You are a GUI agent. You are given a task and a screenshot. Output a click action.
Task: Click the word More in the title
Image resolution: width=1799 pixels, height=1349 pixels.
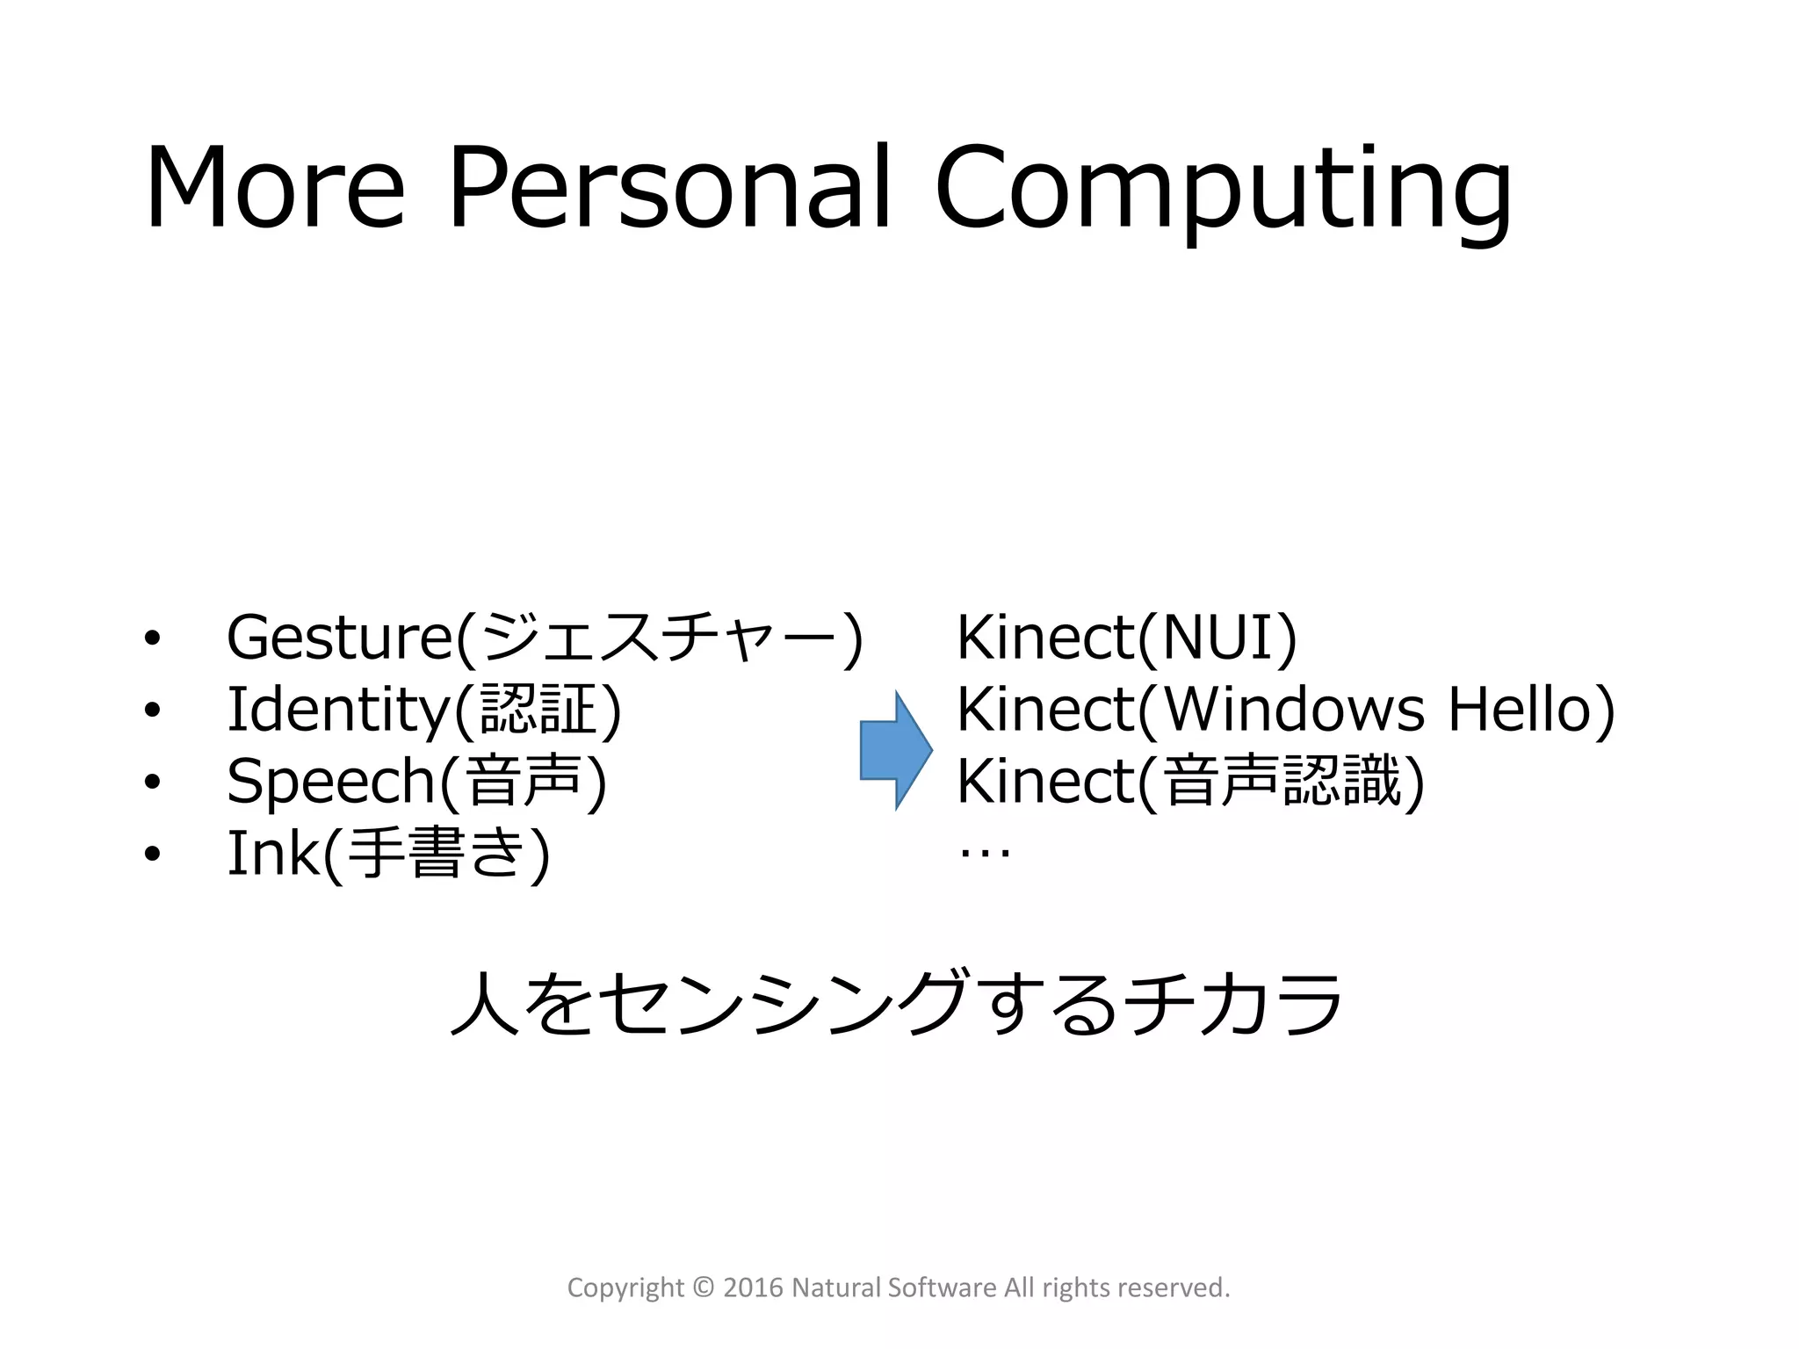pos(274,188)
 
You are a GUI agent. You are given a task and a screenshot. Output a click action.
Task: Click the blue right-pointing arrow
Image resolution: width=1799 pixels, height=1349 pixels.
pos(895,750)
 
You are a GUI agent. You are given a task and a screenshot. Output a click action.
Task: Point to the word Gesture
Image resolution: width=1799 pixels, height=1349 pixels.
pos(340,638)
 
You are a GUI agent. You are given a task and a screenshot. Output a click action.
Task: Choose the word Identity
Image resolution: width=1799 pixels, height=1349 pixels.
pos(338,710)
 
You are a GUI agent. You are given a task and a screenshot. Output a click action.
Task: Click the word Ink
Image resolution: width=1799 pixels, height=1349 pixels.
pos(273,853)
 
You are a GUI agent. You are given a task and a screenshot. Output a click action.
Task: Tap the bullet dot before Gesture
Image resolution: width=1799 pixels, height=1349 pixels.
pos(153,639)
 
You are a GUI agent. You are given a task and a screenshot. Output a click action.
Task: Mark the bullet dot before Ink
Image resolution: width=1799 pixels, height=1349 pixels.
pos(153,854)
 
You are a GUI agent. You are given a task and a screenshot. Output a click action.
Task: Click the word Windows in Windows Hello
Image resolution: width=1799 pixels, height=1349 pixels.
pos(1294,710)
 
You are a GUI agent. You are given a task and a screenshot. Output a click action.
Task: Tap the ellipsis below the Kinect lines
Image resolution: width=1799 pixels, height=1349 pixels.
pos(985,851)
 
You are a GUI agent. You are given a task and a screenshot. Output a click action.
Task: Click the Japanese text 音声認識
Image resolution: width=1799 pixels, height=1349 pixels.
pos(1282,781)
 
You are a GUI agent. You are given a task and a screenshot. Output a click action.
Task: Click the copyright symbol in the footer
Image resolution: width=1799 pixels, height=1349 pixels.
pos(704,1288)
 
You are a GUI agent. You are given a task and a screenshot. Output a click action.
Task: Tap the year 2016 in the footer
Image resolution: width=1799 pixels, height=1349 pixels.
pos(753,1288)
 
